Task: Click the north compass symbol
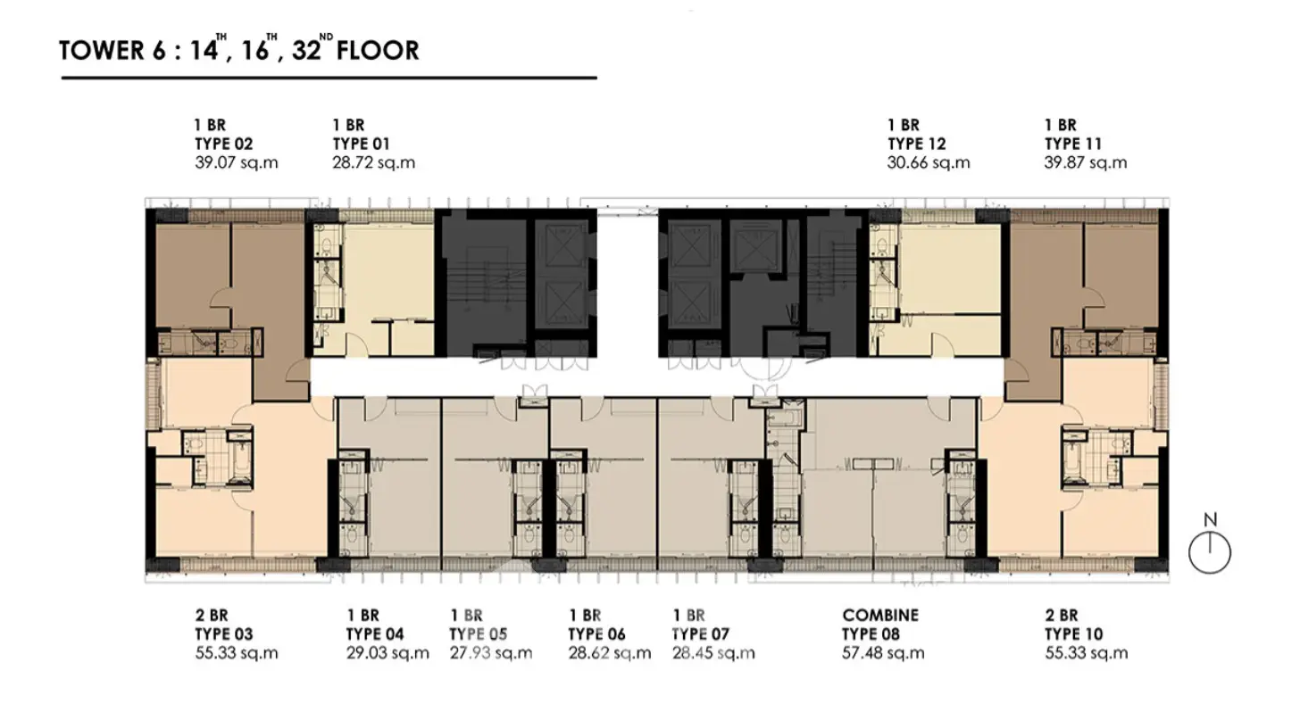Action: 1210,553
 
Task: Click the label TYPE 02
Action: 223,144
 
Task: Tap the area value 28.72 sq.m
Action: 374,162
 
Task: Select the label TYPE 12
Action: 917,144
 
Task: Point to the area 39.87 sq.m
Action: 1086,162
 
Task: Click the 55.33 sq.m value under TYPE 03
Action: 237,653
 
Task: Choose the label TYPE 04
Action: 375,634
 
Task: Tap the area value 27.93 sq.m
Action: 491,653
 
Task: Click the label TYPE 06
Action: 597,634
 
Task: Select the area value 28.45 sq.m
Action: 714,653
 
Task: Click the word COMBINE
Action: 880,615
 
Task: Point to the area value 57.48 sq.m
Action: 883,653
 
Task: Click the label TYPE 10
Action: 1073,634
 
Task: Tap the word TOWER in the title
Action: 102,51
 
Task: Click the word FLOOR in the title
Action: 378,51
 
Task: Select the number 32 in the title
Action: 306,51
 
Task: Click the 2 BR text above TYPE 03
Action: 212,615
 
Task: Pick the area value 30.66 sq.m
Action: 929,162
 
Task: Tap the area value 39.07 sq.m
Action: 237,162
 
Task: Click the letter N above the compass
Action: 1210,520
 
